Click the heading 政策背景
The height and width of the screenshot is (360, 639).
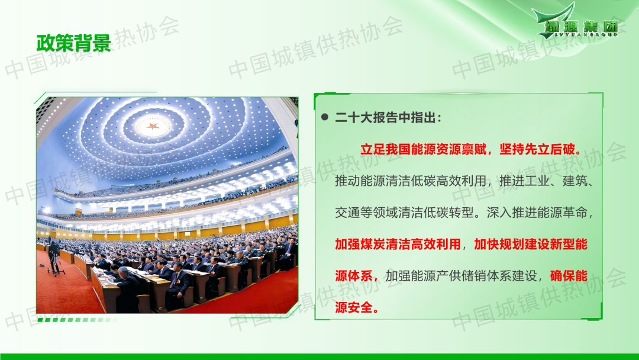(x=74, y=43)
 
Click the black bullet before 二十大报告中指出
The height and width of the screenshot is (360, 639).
(x=325, y=117)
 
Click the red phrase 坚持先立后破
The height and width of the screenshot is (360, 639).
(x=537, y=149)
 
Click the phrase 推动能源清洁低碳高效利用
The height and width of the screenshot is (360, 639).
(x=411, y=181)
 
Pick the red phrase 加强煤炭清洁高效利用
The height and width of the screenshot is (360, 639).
(x=398, y=244)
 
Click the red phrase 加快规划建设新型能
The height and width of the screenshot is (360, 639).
(x=531, y=244)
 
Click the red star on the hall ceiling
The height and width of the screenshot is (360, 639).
(x=153, y=126)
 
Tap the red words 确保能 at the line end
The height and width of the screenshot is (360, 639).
(x=569, y=276)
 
